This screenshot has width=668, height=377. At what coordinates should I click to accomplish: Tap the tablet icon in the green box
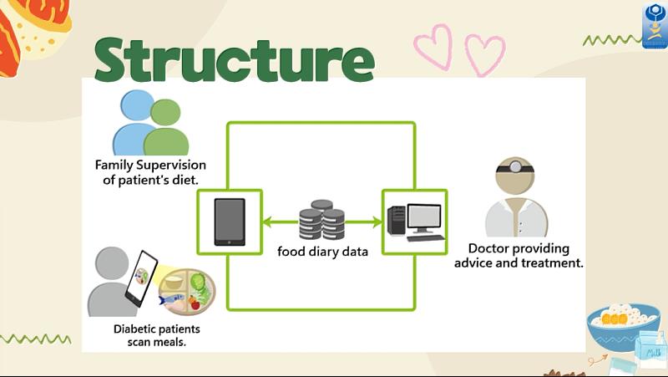tap(230, 222)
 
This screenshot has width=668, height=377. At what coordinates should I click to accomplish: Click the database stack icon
tap(321, 221)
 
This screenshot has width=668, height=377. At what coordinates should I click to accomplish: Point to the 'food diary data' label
tap(322, 251)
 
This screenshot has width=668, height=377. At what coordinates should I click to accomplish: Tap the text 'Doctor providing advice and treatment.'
tap(518, 256)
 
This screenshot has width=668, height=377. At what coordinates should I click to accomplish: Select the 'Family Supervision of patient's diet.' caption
tap(150, 172)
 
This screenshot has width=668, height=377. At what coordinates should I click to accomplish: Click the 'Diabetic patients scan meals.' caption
tap(157, 335)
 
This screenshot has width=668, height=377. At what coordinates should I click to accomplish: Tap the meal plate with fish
tap(188, 291)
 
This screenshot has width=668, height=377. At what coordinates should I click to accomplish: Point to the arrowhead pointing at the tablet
tap(267, 222)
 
